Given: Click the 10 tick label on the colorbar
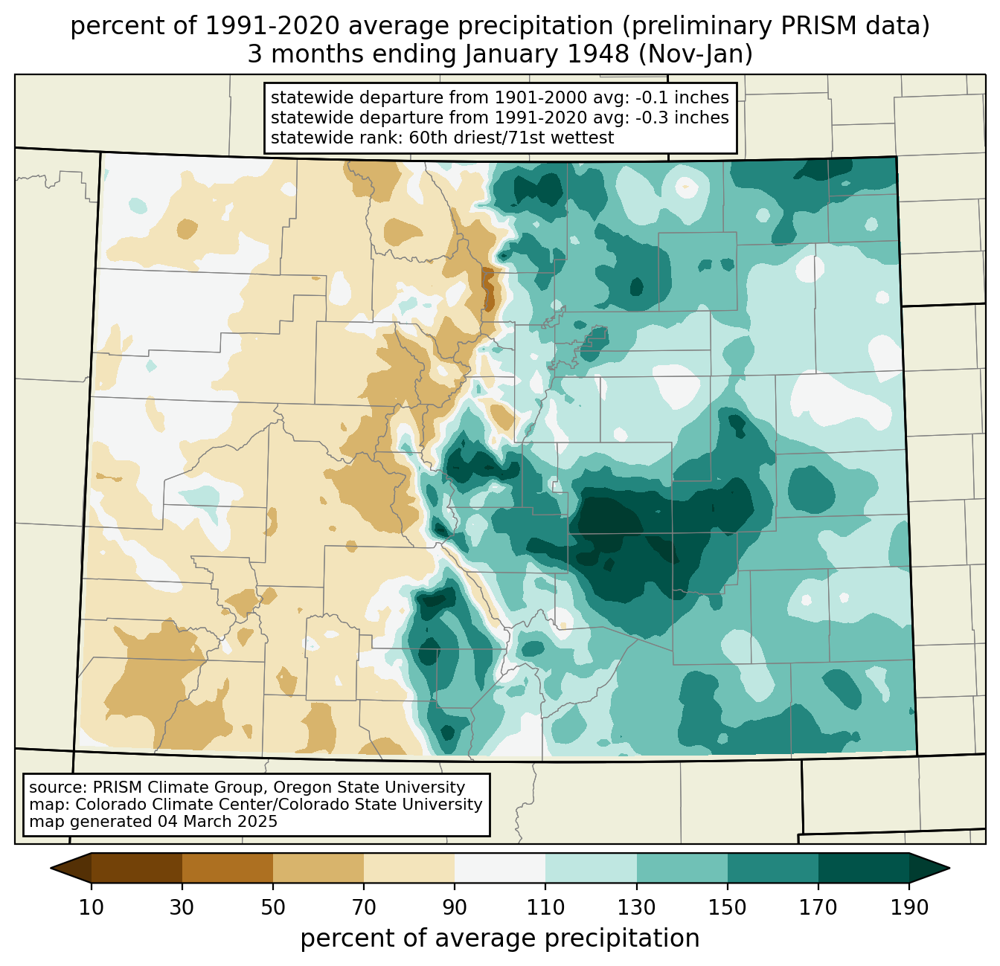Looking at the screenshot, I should click(92, 908).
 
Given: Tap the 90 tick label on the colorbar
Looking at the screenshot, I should click(455, 908).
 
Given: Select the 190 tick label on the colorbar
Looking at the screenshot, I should click(909, 908).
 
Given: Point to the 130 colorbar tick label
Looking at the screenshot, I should click(637, 908).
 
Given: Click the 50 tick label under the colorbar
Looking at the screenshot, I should click(273, 908).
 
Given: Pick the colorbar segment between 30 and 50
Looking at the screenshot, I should click(228, 868).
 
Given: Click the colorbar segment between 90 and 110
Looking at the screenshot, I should click(500, 868).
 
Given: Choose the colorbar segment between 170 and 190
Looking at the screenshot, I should click(864, 868).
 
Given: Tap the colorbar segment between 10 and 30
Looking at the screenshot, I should click(137, 868).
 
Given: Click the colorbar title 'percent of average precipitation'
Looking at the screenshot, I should click(500, 938).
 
